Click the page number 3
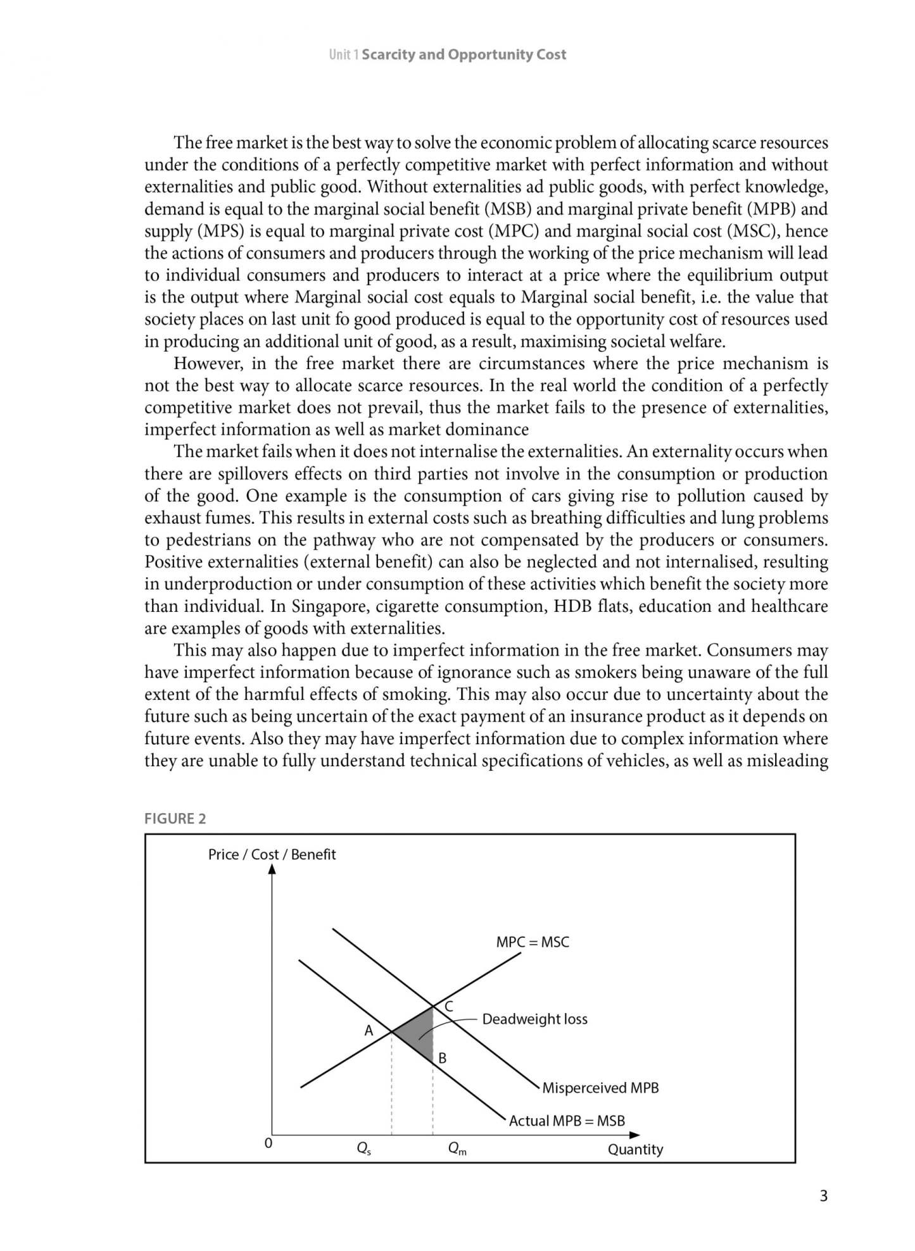[823, 1195]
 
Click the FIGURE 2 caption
[175, 818]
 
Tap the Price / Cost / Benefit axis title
[272, 854]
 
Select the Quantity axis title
[635, 1149]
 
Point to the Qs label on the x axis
[363, 1148]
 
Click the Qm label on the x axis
[457, 1148]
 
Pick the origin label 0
[268, 1143]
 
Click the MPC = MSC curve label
[533, 942]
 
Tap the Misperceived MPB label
[600, 1088]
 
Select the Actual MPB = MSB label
[567, 1121]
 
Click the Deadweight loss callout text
[534, 1019]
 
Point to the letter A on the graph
[369, 1031]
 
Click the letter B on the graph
[443, 1057]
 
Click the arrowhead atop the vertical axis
[272, 869]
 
